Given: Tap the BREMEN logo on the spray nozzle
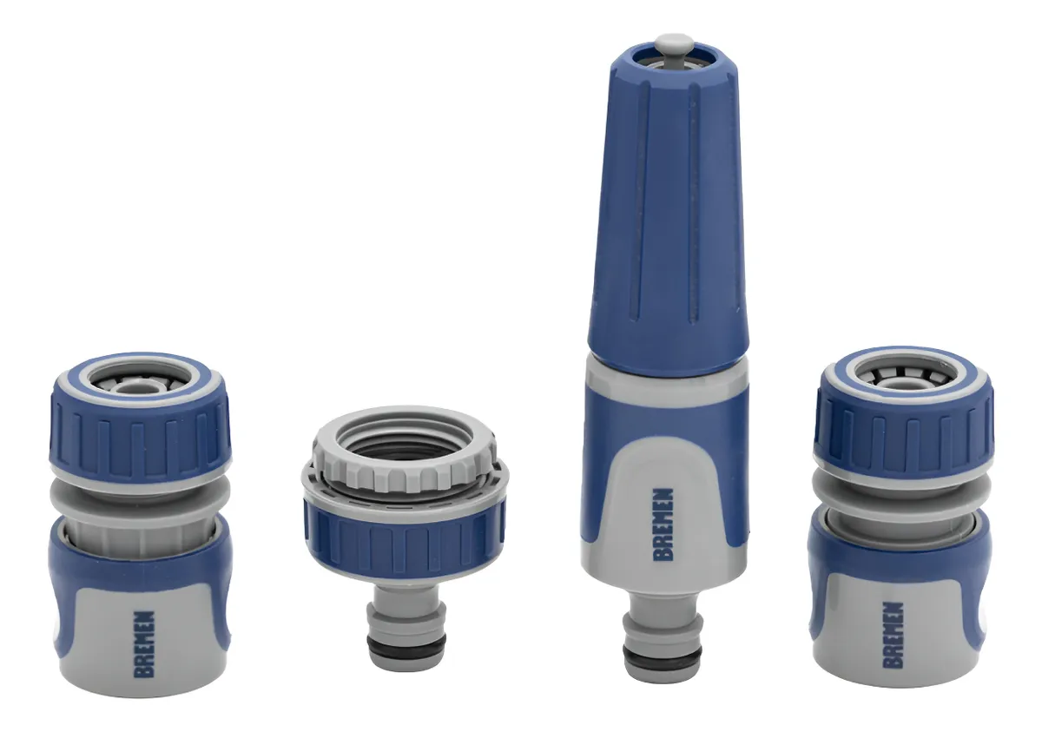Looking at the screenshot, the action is pyautogui.click(x=663, y=524).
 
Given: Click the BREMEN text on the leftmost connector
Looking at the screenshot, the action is pyautogui.click(x=144, y=643).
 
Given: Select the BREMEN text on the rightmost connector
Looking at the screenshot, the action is pyautogui.click(x=893, y=636).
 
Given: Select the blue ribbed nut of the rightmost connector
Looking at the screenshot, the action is pyautogui.click(x=903, y=430).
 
